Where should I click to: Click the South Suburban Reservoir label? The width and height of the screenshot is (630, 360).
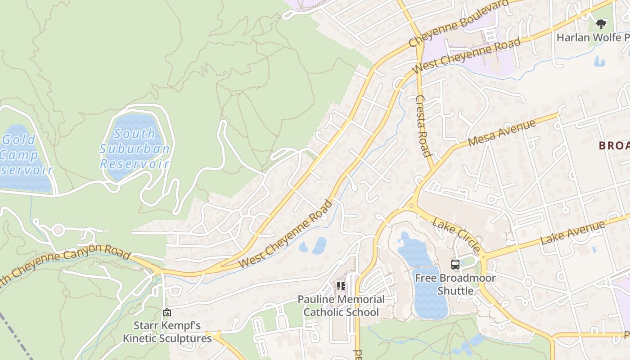[135, 148]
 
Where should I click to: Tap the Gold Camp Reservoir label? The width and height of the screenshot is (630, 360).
[22, 155]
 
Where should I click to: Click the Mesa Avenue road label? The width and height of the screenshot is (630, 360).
[502, 133]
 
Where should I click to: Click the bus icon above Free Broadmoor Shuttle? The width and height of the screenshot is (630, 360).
[455, 265]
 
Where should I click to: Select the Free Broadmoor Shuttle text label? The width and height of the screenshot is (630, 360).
[455, 284]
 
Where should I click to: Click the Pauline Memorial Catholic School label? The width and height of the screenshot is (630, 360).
[341, 306]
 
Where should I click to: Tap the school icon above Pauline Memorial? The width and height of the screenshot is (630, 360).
[341, 286]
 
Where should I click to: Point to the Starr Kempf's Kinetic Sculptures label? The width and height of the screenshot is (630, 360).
[167, 332]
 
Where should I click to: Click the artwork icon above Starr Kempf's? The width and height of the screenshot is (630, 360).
[167, 312]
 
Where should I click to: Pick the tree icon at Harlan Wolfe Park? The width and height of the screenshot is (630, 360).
[601, 24]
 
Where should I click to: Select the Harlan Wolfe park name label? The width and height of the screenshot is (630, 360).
[592, 37]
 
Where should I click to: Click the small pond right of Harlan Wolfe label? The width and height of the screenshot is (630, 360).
[599, 61]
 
